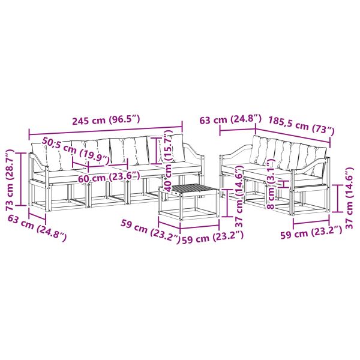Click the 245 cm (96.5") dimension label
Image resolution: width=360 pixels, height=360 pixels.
pos(106,120)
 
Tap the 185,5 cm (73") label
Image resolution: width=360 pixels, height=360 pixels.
pos(301,126)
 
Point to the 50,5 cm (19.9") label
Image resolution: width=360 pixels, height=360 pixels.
pos(75,152)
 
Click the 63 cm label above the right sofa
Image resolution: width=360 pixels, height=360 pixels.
pos(230,120)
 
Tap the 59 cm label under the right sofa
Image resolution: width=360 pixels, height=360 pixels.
pos(311,233)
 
